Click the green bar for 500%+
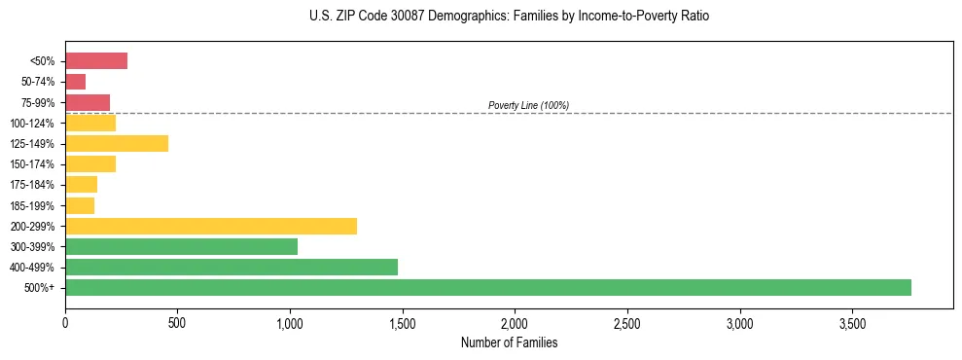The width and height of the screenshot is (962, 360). pyautogui.click(x=487, y=287)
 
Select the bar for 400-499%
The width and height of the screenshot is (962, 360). pyautogui.click(x=232, y=267)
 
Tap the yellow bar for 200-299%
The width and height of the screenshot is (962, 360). pyautogui.click(x=211, y=226)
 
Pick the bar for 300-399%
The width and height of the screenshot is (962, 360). pyautogui.click(x=181, y=246)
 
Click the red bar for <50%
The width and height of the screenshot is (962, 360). pyautogui.click(x=96, y=61)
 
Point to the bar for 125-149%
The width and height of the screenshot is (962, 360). pyautogui.click(x=117, y=143)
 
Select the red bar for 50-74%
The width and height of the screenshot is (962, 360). pyautogui.click(x=76, y=82)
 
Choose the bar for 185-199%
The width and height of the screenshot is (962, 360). pyautogui.click(x=80, y=205)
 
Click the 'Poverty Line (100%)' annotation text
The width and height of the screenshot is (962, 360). pyautogui.click(x=528, y=105)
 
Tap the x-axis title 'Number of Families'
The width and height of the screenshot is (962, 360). pyautogui.click(x=509, y=342)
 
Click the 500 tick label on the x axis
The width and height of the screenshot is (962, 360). pyautogui.click(x=177, y=322)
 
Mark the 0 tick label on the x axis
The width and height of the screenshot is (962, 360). pyautogui.click(x=65, y=322)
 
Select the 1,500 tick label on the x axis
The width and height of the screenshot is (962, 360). pyautogui.click(x=402, y=322)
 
